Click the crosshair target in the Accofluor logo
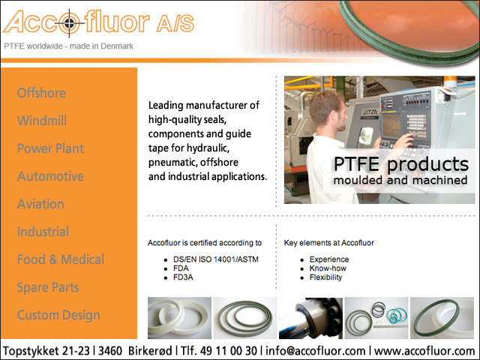[x=70, y=23]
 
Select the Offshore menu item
[x=41, y=93]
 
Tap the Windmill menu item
[x=42, y=120]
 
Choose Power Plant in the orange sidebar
[x=50, y=148]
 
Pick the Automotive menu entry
[x=50, y=176]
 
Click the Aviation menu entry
[x=40, y=204]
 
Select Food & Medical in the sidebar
[x=61, y=259]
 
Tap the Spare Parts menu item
[x=48, y=287]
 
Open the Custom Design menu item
[x=58, y=315]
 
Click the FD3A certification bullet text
[x=183, y=277]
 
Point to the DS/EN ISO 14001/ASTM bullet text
[x=216, y=259]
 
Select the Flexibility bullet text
[x=325, y=277]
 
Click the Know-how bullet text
[x=328, y=268]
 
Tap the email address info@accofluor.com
[x=315, y=351]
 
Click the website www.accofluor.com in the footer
[x=424, y=351]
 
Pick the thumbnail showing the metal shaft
[x=310, y=318]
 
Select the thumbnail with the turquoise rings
[x=376, y=318]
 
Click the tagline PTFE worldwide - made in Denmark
[x=68, y=46]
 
